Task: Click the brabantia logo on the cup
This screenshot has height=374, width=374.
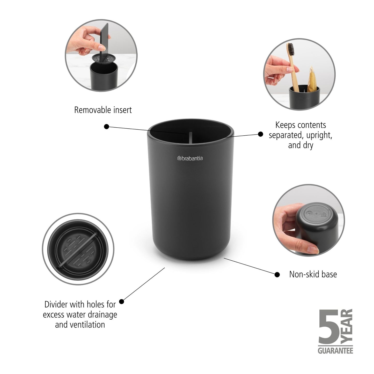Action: pos(190,158)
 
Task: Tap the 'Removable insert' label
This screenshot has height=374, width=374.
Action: pos(103,110)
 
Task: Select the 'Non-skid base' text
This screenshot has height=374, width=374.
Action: pos(313,274)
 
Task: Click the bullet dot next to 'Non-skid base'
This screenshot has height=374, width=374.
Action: pos(277,275)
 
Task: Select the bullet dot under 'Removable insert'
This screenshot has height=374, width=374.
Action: pos(106,127)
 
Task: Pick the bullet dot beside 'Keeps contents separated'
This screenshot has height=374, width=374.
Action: pos(260,134)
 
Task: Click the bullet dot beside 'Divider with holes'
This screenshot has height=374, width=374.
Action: pos(122,302)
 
